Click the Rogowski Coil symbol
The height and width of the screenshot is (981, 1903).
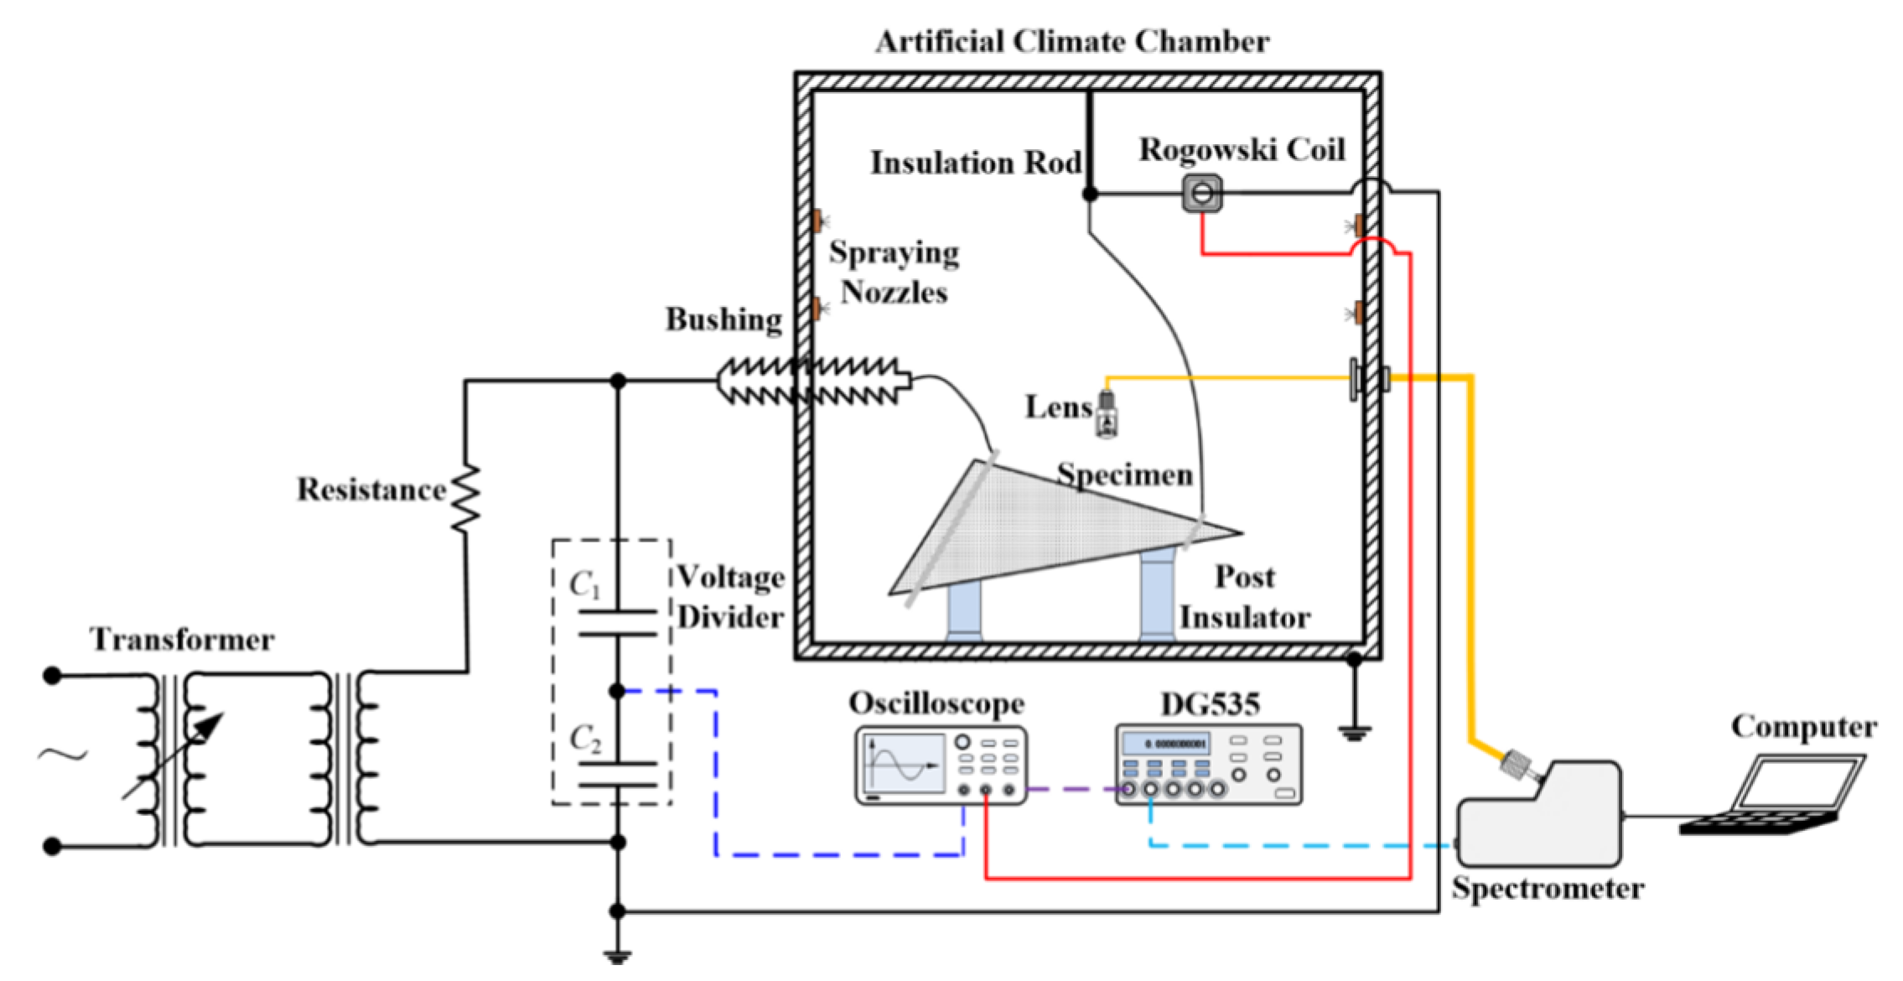pyautogui.click(x=1201, y=194)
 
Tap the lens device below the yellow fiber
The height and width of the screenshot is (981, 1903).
pyautogui.click(x=1107, y=414)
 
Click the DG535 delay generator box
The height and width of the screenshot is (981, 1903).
pyautogui.click(x=1208, y=765)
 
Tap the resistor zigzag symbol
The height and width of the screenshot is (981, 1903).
pyautogui.click(x=466, y=498)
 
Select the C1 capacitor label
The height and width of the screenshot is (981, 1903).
pyautogui.click(x=584, y=584)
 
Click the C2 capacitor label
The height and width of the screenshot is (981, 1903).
pyautogui.click(x=585, y=739)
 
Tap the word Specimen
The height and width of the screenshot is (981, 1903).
pyautogui.click(x=1124, y=475)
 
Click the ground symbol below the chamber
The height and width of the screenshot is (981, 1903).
pyautogui.click(x=1354, y=732)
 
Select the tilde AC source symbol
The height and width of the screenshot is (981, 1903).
pyautogui.click(x=63, y=755)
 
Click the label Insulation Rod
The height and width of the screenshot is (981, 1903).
pyautogui.click(x=975, y=163)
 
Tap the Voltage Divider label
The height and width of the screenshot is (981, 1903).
pyautogui.click(x=730, y=597)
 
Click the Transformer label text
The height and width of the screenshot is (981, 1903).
pyautogui.click(x=182, y=640)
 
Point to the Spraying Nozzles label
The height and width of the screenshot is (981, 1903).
pyautogui.click(x=894, y=272)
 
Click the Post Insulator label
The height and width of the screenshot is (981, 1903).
pyautogui.click(x=1245, y=597)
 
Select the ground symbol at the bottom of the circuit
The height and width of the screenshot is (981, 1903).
pyautogui.click(x=617, y=956)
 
